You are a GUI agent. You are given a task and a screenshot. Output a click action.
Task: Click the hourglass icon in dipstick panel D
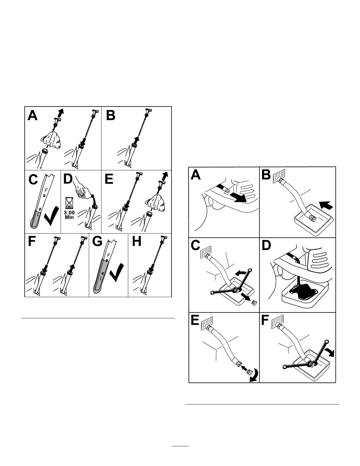tap(69, 203)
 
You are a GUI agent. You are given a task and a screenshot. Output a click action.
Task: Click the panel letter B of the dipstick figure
tap(111, 115)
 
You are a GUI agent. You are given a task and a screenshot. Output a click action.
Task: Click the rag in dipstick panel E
tap(156, 203)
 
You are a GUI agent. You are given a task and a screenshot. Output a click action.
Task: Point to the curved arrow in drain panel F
tap(329, 352)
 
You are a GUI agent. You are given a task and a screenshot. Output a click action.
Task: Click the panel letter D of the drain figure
tap(266, 246)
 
